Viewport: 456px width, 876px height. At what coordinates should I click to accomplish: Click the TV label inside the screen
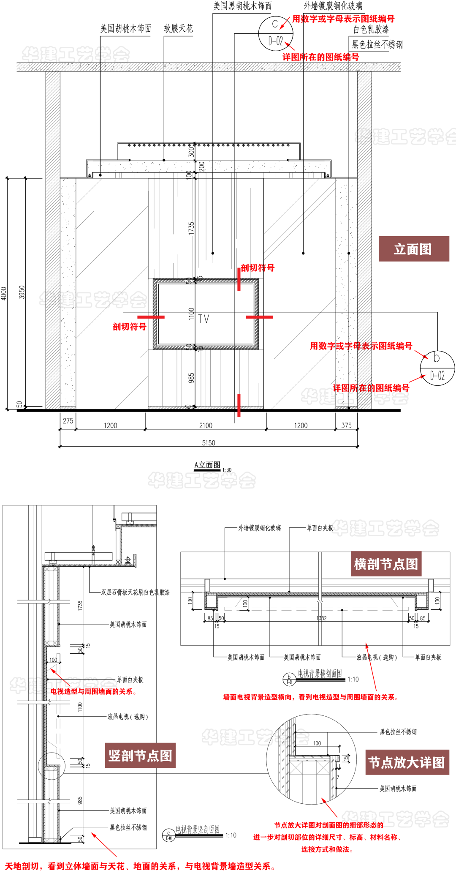pos(204,319)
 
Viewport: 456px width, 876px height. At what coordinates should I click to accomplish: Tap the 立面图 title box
pos(413,249)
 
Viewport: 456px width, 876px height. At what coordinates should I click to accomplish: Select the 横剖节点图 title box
pos(386,564)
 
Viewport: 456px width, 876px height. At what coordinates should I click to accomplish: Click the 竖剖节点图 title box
pos(140,755)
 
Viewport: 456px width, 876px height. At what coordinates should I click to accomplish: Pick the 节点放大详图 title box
pos(406,762)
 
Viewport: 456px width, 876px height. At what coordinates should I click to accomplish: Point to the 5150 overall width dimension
pos(209,443)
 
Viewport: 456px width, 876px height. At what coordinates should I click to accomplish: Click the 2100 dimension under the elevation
pos(206,426)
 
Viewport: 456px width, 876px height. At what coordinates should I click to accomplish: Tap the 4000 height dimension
pos(4,293)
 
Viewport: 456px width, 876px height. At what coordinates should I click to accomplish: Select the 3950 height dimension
pos(22,292)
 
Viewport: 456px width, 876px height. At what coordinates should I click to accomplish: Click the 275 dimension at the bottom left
pos(68,421)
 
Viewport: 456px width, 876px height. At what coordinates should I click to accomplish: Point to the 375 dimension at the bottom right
pos(346,426)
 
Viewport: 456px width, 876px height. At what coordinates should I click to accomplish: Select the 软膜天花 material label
pos(178,29)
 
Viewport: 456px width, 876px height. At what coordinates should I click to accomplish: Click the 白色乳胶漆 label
pos(371,30)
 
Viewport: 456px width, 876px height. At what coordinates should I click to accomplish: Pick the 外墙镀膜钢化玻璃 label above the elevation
pos(333,6)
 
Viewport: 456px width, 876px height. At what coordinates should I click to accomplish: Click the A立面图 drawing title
pos(207,465)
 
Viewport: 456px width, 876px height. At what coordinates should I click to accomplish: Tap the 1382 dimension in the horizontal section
pos(321,618)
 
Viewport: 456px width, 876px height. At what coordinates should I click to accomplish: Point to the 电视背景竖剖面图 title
pos(198,830)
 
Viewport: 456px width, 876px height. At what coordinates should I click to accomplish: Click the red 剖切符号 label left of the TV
pos(129,327)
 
